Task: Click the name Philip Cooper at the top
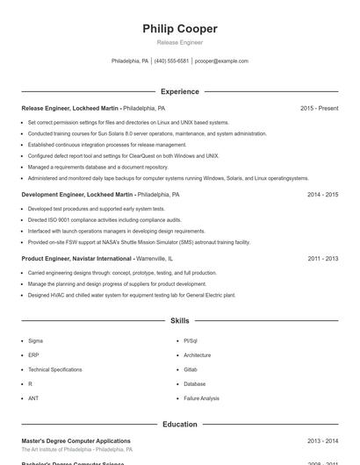tap(179, 29)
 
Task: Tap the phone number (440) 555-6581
tap(171, 61)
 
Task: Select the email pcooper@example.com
tap(221, 61)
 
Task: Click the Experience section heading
tap(180, 91)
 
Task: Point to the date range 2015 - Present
tap(319, 108)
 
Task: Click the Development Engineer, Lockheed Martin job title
tap(77, 195)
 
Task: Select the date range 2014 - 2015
tap(322, 195)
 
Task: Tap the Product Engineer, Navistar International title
tap(77, 259)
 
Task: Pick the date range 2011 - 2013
tap(322, 259)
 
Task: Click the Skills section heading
tap(180, 321)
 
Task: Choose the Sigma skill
tap(35, 340)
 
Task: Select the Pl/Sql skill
tap(191, 340)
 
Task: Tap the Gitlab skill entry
tap(190, 369)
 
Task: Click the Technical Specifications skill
tap(54, 369)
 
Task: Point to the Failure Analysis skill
tap(201, 398)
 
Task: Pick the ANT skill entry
tap(33, 398)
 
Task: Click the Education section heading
tap(180, 424)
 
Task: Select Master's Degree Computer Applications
tap(76, 440)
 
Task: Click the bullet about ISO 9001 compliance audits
tap(104, 220)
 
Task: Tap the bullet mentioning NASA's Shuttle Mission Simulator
tap(139, 242)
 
